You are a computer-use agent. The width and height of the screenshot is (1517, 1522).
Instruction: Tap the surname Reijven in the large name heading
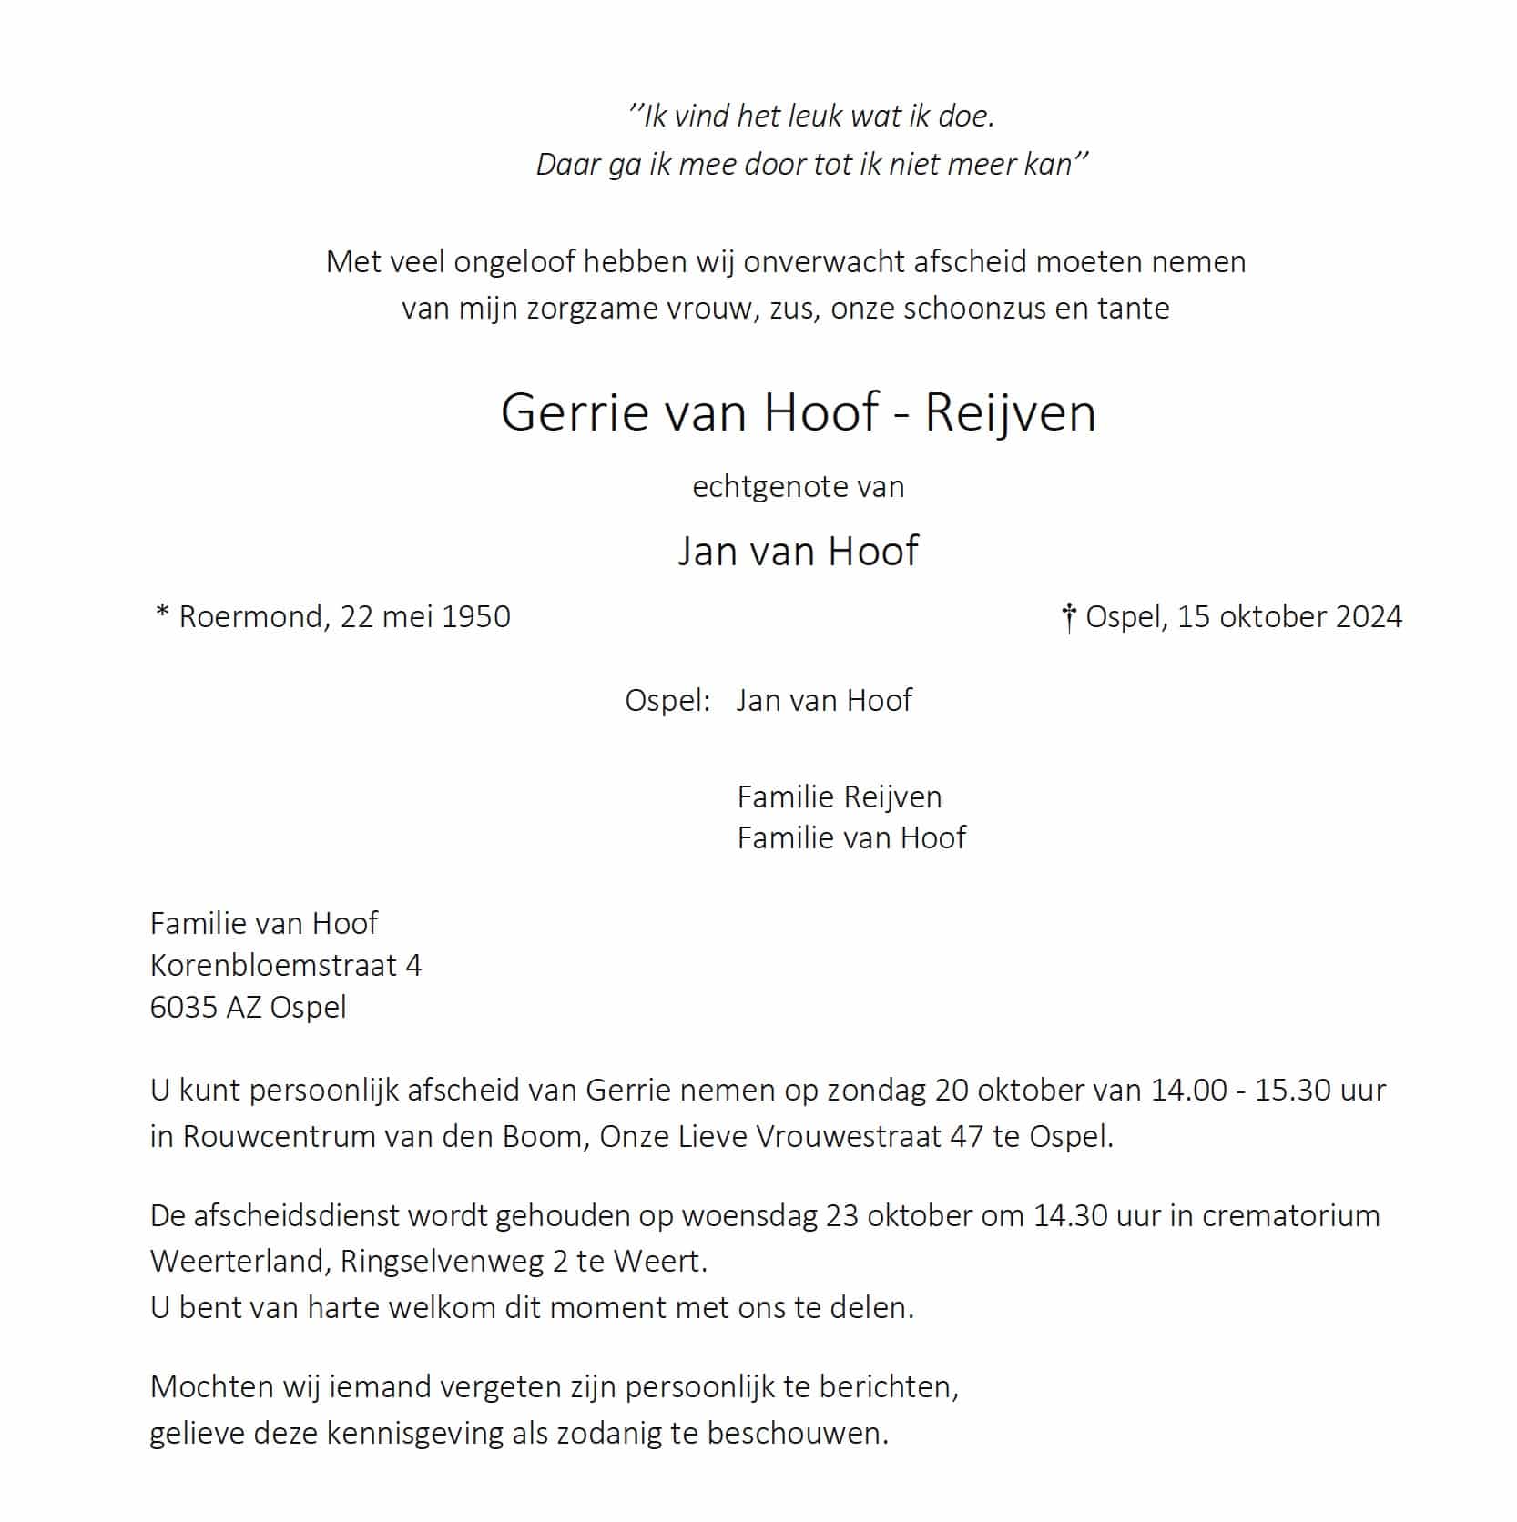(1010, 412)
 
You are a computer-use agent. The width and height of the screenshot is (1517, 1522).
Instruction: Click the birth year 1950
(475, 617)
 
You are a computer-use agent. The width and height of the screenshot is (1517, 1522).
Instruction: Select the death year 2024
(1368, 617)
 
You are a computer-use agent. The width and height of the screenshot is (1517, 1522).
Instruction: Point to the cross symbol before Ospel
(1069, 619)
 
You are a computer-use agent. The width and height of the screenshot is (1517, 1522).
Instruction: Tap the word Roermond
(250, 617)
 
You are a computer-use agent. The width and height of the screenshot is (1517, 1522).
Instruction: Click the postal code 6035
(184, 1008)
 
